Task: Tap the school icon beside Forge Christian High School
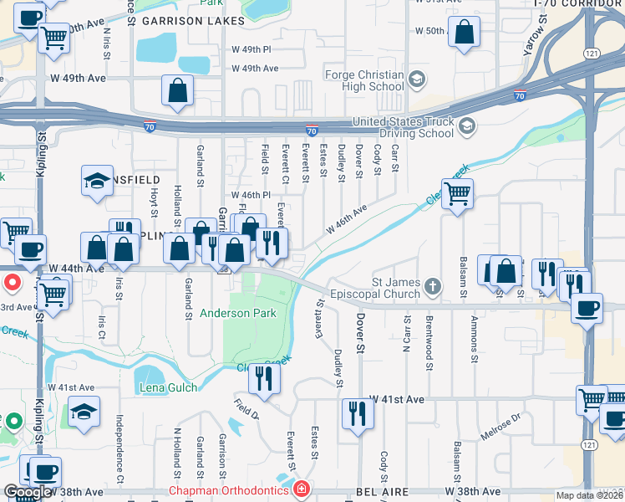pyautogui.click(x=416, y=79)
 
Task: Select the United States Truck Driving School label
pyautogui.click(x=402, y=127)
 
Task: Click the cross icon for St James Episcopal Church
pyautogui.click(x=432, y=287)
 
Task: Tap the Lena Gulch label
pyautogui.click(x=169, y=387)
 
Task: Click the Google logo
pyautogui.click(x=28, y=492)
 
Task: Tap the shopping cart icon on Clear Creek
pyautogui.click(x=456, y=194)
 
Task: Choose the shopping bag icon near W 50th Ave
pyautogui.click(x=464, y=33)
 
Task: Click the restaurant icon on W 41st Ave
pyautogui.click(x=358, y=413)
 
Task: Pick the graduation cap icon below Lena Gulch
pyautogui.click(x=84, y=412)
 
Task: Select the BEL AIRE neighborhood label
pyautogui.click(x=382, y=491)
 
